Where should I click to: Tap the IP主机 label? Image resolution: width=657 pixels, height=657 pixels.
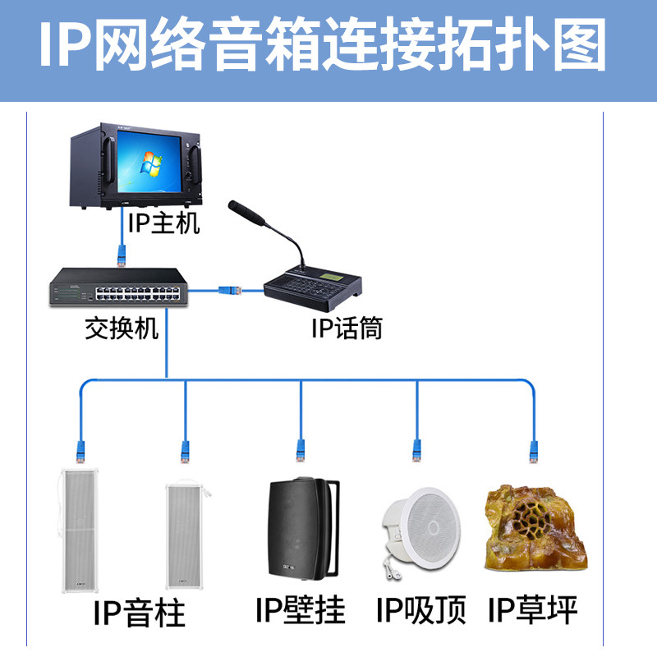(163, 222)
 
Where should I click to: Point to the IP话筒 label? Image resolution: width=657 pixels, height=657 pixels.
(347, 329)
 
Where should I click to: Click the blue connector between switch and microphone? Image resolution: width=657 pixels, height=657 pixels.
(229, 289)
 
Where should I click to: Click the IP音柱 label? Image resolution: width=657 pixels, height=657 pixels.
(140, 613)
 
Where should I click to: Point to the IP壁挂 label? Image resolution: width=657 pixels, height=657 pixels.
(301, 609)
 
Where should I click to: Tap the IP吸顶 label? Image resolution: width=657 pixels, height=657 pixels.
(421, 610)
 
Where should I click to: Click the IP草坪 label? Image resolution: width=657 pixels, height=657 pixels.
(533, 610)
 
